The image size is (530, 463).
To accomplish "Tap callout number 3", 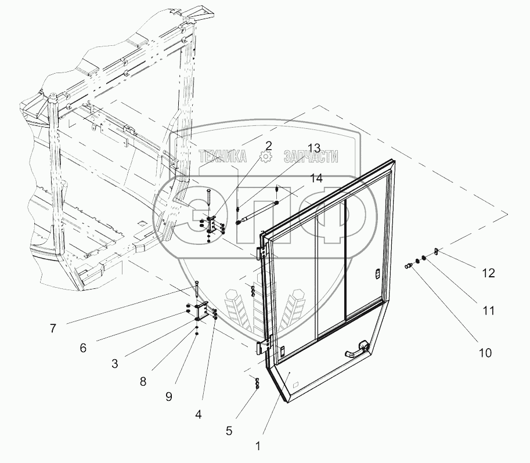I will tap(115, 364).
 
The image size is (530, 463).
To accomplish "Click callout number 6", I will tap(83, 348).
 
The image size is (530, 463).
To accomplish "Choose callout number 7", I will tap(53, 328).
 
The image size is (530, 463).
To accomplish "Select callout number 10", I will tap(485, 352).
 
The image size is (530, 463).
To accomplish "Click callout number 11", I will tap(488, 311).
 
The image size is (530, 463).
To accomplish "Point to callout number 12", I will tap(489, 273).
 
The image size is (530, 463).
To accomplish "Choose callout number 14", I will tap(316, 179).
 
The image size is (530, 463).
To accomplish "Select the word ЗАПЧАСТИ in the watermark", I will tap(311, 156).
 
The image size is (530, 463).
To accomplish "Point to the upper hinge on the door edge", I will tap(261, 254).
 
